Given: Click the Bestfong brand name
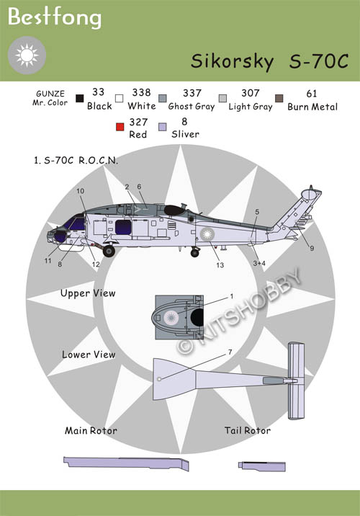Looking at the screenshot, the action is (55, 17).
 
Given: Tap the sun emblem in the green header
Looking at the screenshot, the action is (27, 55).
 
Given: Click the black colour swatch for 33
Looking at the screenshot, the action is (80, 99).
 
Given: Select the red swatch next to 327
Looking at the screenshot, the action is (120, 127).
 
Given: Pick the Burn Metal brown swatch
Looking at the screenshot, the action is (279, 99).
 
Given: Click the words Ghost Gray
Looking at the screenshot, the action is (192, 107).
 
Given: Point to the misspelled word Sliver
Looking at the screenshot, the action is (186, 134).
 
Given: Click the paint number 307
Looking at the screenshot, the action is (250, 93).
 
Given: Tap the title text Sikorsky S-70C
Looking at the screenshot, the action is (269, 61).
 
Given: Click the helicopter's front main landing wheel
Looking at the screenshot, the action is (109, 251).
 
